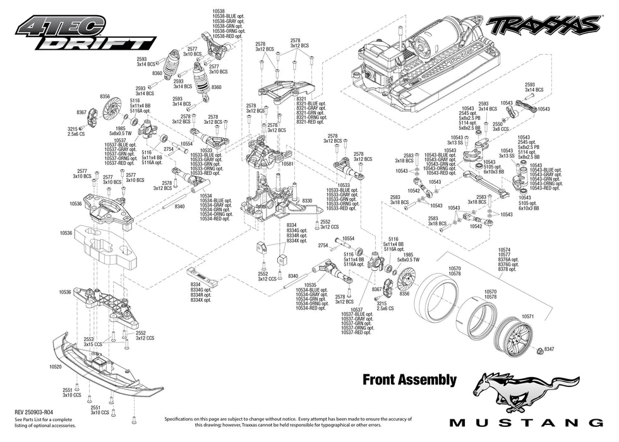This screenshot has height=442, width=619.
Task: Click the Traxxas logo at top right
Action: point(542,25)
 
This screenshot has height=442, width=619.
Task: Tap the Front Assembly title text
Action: point(409,379)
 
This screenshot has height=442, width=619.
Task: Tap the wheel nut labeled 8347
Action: point(548,349)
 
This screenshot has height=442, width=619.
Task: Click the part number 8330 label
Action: point(307,200)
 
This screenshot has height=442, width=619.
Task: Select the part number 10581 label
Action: point(288,164)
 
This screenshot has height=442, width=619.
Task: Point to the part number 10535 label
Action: point(306,285)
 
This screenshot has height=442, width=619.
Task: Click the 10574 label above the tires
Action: point(503,249)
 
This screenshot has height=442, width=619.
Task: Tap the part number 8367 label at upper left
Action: point(81,112)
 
